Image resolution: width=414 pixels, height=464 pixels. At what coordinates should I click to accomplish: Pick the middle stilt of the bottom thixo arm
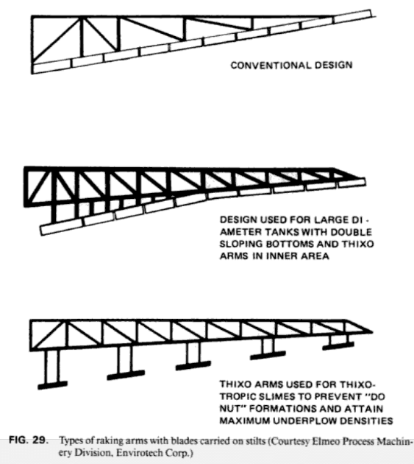(193, 352)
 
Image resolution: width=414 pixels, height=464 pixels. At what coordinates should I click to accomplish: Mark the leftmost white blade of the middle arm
(58, 226)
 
